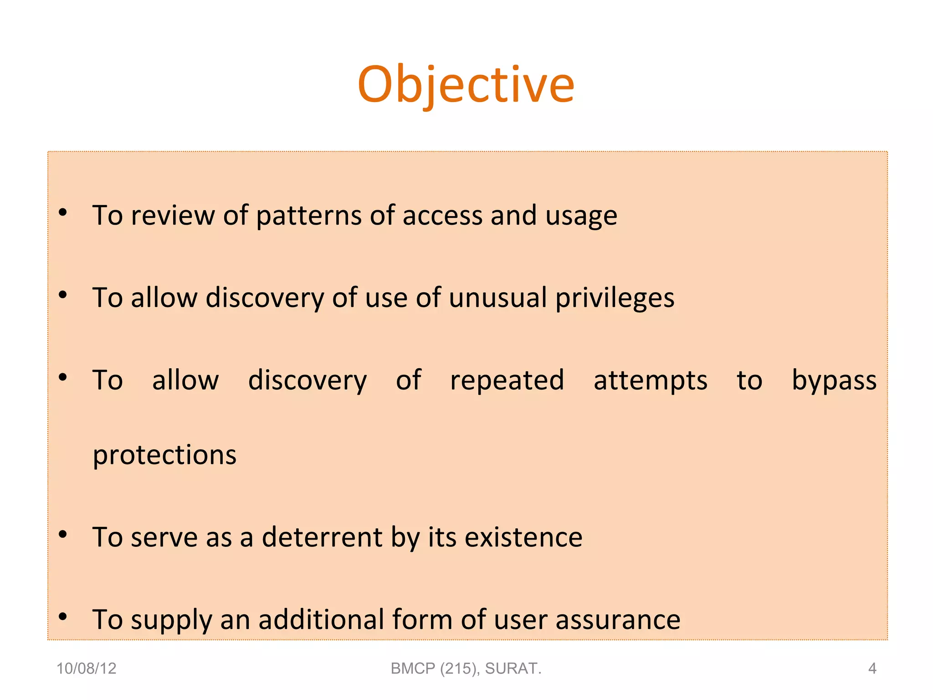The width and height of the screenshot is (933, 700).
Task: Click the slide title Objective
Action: [466, 85]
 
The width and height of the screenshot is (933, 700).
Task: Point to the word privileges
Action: [615, 298]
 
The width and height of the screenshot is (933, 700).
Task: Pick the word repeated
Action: [507, 381]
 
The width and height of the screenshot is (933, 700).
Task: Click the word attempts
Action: [650, 381]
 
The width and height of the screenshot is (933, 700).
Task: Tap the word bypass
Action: [834, 381]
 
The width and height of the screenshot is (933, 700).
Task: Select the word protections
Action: [164, 455]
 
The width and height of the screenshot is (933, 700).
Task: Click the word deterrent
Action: [322, 537]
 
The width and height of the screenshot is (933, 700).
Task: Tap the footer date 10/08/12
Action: [86, 669]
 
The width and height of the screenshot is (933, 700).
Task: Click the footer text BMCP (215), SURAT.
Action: [466, 669]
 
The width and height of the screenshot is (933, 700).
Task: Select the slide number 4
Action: [872, 669]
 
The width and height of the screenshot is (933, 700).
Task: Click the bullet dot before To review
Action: [63, 212]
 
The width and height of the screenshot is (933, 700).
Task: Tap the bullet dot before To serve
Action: [63, 534]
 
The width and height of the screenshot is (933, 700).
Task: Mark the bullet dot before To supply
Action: [63, 617]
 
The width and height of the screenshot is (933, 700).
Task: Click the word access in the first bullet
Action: [442, 216]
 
